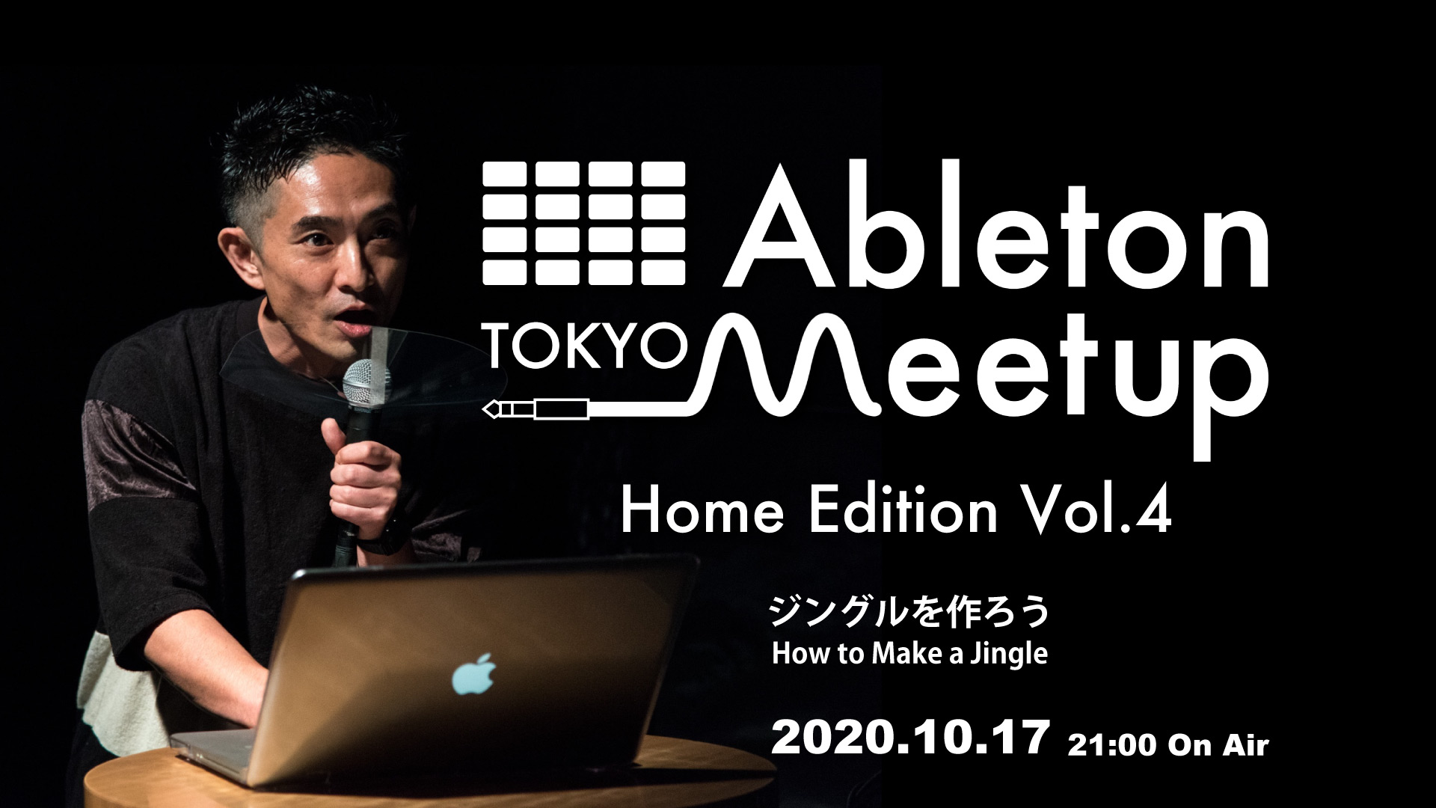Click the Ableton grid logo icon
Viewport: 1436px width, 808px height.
tap(584, 223)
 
